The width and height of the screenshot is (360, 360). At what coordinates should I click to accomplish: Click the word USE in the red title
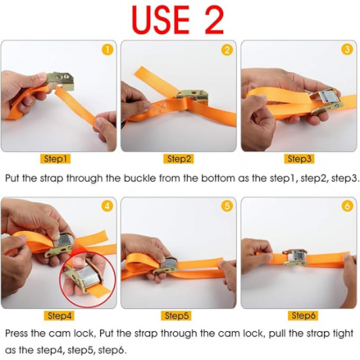(x=160, y=20)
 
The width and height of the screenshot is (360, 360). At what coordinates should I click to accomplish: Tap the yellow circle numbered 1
(x=107, y=50)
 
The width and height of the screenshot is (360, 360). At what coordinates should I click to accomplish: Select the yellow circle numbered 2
(x=227, y=50)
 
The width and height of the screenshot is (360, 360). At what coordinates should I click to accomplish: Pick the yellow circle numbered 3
(x=347, y=49)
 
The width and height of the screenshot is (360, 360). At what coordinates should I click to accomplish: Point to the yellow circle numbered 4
(x=107, y=206)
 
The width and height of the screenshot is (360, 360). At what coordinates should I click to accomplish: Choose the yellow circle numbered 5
(x=227, y=206)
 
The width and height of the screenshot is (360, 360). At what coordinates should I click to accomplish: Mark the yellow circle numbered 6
(x=347, y=206)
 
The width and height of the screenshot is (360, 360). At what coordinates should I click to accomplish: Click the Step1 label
(x=56, y=159)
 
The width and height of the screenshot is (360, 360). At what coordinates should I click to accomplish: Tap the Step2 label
(x=179, y=159)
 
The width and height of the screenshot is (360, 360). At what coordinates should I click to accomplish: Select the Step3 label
(x=299, y=159)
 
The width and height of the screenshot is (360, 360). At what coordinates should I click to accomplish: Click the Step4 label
(x=59, y=315)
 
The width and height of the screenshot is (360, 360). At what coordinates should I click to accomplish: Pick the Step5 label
(x=177, y=315)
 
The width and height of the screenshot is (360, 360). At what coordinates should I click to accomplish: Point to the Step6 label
(x=303, y=315)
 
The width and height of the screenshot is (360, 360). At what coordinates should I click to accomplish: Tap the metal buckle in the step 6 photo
(x=295, y=257)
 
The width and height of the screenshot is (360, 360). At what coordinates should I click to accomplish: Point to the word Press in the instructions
(x=17, y=333)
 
